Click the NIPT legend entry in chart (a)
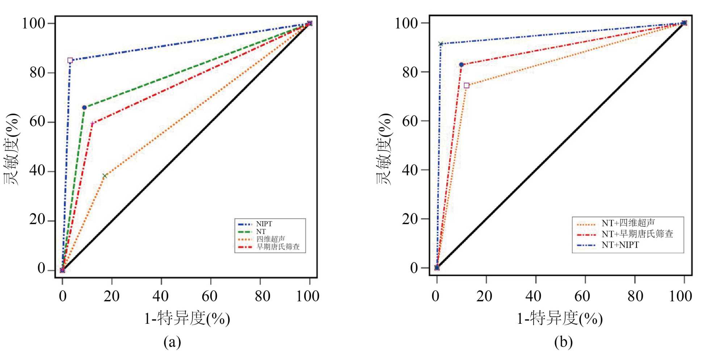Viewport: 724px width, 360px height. coord(264,224)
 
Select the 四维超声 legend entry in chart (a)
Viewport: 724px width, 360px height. coord(270,239)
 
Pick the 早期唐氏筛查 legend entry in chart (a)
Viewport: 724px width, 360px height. coord(278,247)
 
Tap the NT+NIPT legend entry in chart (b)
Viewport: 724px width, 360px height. coord(620,245)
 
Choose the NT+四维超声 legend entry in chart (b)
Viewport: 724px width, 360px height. coord(628,223)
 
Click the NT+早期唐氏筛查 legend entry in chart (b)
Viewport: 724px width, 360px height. coord(637,234)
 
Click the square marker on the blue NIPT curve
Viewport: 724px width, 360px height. coord(70,60)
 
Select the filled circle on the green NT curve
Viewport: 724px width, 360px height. coord(84,108)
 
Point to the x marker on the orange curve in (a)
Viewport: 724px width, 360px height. coord(105,176)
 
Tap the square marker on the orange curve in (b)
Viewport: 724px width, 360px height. coord(466,85)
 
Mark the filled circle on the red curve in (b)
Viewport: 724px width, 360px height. coord(461,65)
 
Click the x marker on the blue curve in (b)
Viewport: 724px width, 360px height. coord(441,44)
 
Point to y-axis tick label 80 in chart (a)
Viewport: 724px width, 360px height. coord(37,72)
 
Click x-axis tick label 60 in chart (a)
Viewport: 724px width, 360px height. coord(210,296)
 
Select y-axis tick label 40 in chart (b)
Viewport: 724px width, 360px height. coord(410,170)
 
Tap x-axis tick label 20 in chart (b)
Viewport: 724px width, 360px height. coord(484,296)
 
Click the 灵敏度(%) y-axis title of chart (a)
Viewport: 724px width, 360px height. coord(12,148)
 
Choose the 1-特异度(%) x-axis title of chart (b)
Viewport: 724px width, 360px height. coord(559,319)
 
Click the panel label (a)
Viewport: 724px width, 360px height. coord(172,342)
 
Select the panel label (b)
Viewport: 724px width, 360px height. coord(563,342)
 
